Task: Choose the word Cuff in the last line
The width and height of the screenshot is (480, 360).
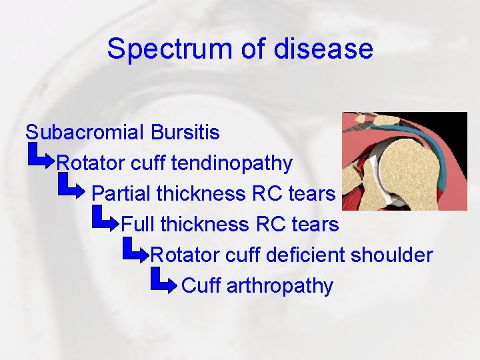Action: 201,285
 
